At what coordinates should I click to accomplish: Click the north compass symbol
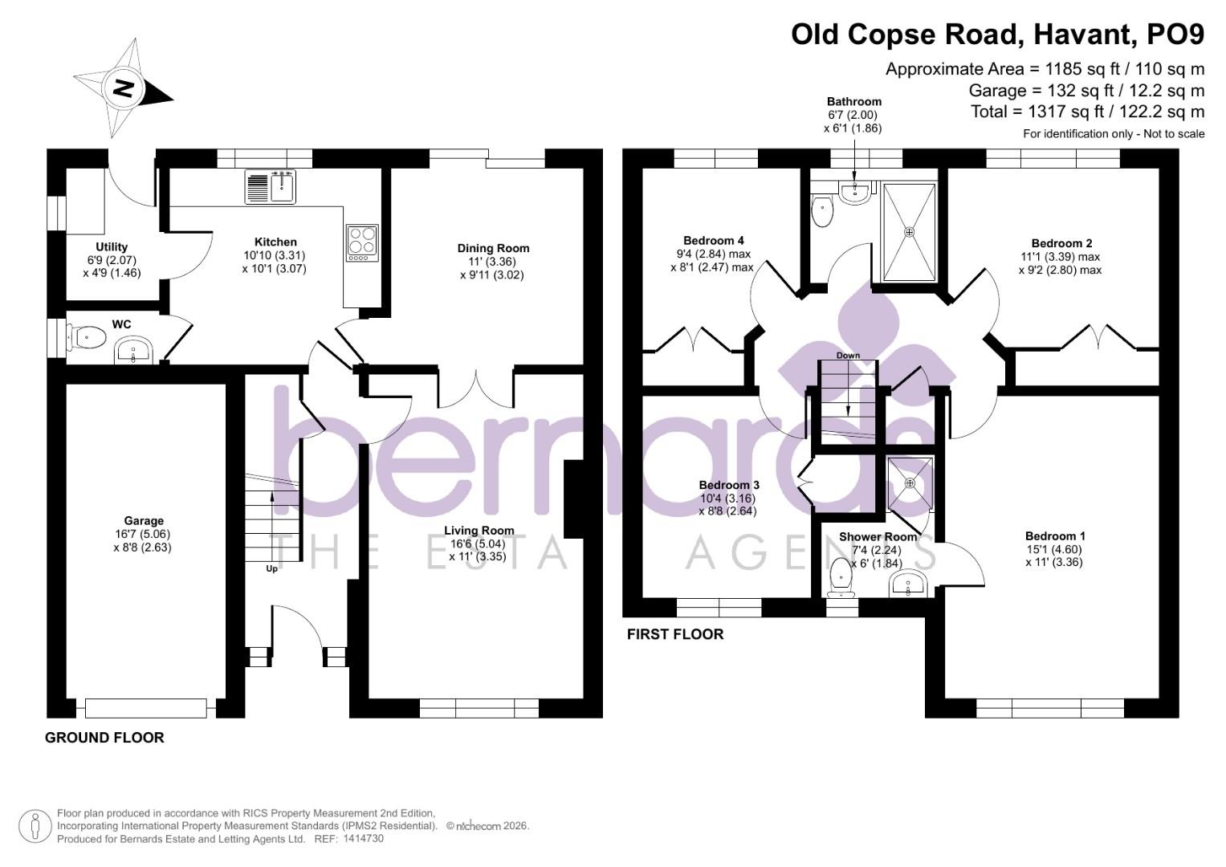(x=123, y=88)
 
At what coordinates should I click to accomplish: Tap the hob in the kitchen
(x=362, y=242)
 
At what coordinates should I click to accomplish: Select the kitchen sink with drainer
(x=271, y=186)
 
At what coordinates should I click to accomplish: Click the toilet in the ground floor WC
(x=86, y=337)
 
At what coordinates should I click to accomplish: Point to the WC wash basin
(x=134, y=350)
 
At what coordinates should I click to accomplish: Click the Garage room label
(x=144, y=520)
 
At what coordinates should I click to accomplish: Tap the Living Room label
(x=479, y=531)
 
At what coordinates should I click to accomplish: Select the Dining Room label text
(x=493, y=248)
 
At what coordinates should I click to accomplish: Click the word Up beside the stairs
(x=271, y=568)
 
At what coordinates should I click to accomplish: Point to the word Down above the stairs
(x=848, y=355)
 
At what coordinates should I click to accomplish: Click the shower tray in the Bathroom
(x=909, y=232)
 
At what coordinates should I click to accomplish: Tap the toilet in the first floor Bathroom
(x=821, y=210)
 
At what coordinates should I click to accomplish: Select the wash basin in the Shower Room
(x=908, y=583)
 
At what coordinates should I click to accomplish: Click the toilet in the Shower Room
(x=841, y=577)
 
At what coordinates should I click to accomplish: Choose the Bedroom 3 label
(x=729, y=485)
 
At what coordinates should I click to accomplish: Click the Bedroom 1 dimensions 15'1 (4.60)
(x=1054, y=549)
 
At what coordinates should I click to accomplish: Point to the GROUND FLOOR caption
(x=104, y=737)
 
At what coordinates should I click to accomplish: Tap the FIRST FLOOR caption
(x=675, y=634)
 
